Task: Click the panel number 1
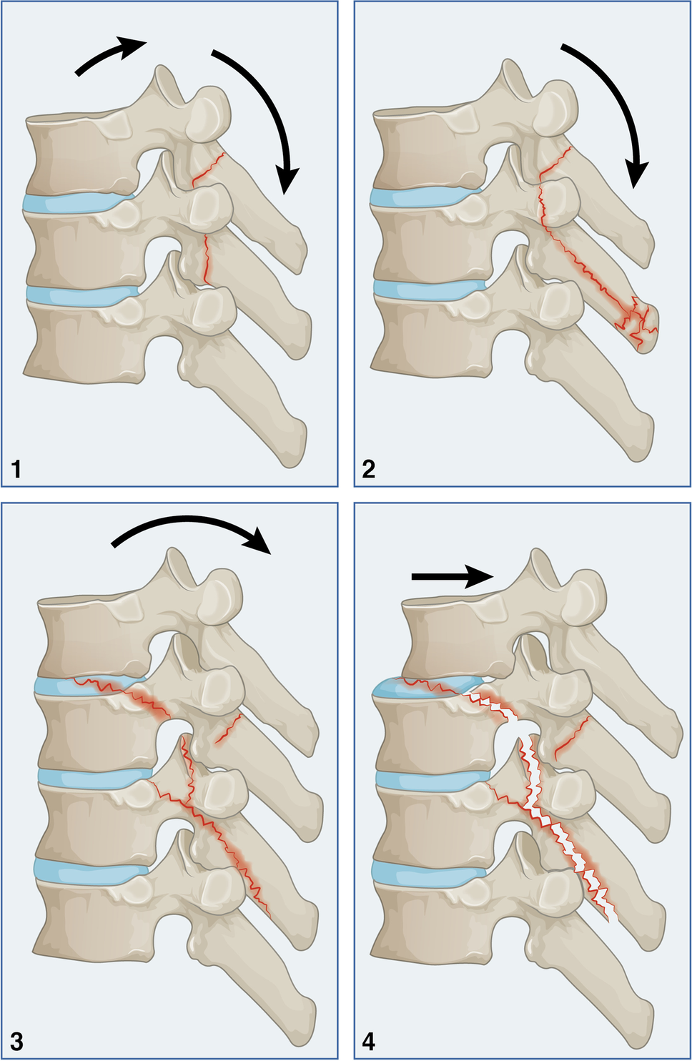pos(16,469)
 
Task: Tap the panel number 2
pos(369,469)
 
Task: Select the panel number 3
pos(16,1042)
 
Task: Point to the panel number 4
pos(369,1042)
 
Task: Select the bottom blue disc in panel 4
pos(425,870)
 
